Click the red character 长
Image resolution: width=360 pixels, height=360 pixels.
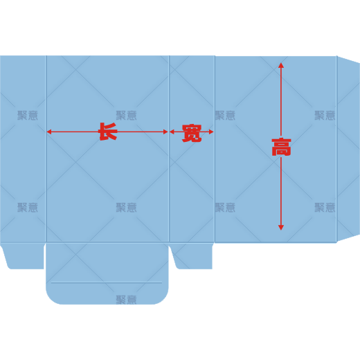tap(108, 132)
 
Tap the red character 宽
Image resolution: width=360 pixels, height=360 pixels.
tap(192, 133)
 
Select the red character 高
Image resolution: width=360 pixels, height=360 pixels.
tap(281, 147)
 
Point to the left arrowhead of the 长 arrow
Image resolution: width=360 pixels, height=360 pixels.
tap(49, 132)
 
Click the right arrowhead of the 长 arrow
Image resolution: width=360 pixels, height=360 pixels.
tap(165, 132)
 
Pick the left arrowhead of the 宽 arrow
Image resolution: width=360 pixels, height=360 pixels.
tap(172, 132)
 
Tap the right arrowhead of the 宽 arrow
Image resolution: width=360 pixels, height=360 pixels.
tap(211, 132)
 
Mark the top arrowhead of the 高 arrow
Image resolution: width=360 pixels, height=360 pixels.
tap(281, 65)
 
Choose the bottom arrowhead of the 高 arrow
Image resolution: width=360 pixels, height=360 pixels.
tap(281, 228)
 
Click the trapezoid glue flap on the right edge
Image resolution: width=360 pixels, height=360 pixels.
tap(348, 149)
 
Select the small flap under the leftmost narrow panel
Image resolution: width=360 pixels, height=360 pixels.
tap(23, 256)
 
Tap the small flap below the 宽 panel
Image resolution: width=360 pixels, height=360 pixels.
tap(192, 256)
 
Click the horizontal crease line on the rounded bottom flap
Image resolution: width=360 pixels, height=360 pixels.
tap(107, 282)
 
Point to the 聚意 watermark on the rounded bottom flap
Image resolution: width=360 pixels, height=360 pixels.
tap(126, 300)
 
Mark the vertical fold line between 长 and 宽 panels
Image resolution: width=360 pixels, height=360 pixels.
tap(169, 149)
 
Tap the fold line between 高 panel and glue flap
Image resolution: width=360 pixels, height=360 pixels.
tap(336, 149)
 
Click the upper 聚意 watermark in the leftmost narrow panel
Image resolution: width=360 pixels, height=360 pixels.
tap(28, 115)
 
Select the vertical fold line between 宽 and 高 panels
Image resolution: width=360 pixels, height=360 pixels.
tap(215, 149)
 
